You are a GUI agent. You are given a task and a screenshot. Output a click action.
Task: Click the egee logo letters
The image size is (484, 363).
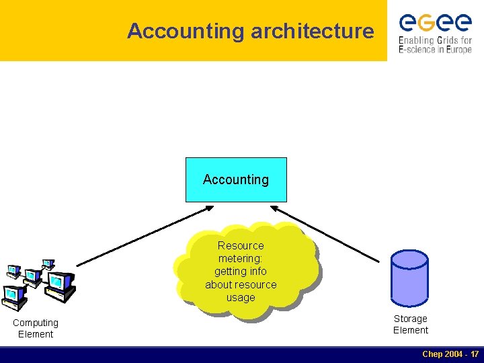435,23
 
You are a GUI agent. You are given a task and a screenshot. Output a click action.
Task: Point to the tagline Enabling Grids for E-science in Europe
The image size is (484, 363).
435,44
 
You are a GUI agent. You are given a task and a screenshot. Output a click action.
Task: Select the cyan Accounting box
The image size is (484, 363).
236,179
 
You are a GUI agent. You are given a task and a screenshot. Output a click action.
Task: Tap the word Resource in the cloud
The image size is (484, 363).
241,245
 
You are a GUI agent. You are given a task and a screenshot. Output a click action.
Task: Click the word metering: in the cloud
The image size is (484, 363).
241,258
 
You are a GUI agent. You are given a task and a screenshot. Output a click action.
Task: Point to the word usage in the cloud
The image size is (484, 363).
241,297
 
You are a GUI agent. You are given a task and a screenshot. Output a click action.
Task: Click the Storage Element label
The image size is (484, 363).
410,324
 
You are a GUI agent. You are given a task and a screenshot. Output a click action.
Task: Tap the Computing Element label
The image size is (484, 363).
36,328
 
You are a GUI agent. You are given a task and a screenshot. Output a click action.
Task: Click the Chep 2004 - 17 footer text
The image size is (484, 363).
450,354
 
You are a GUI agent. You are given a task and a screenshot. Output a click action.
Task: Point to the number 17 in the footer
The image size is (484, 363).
474,354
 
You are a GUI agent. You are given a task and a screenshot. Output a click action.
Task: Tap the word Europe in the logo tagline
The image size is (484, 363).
457,50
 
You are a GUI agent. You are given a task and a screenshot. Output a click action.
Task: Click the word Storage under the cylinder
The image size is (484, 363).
410,319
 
